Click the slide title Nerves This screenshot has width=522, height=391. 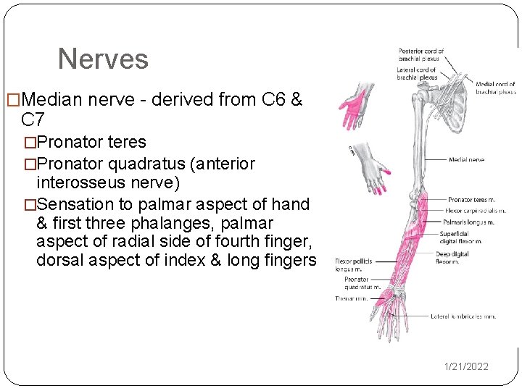[x=103, y=59]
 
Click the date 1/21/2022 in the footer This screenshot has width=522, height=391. [x=466, y=366]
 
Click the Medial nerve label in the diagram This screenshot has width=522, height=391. [x=466, y=159]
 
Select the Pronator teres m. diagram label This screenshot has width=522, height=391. [x=471, y=199]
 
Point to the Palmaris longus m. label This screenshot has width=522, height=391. [x=470, y=222]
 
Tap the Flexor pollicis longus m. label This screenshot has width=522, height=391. [x=352, y=264]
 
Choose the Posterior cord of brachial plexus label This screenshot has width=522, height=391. [x=420, y=54]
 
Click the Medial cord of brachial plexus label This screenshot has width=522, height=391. [x=496, y=88]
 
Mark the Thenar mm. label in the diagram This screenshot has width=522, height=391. [x=351, y=298]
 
